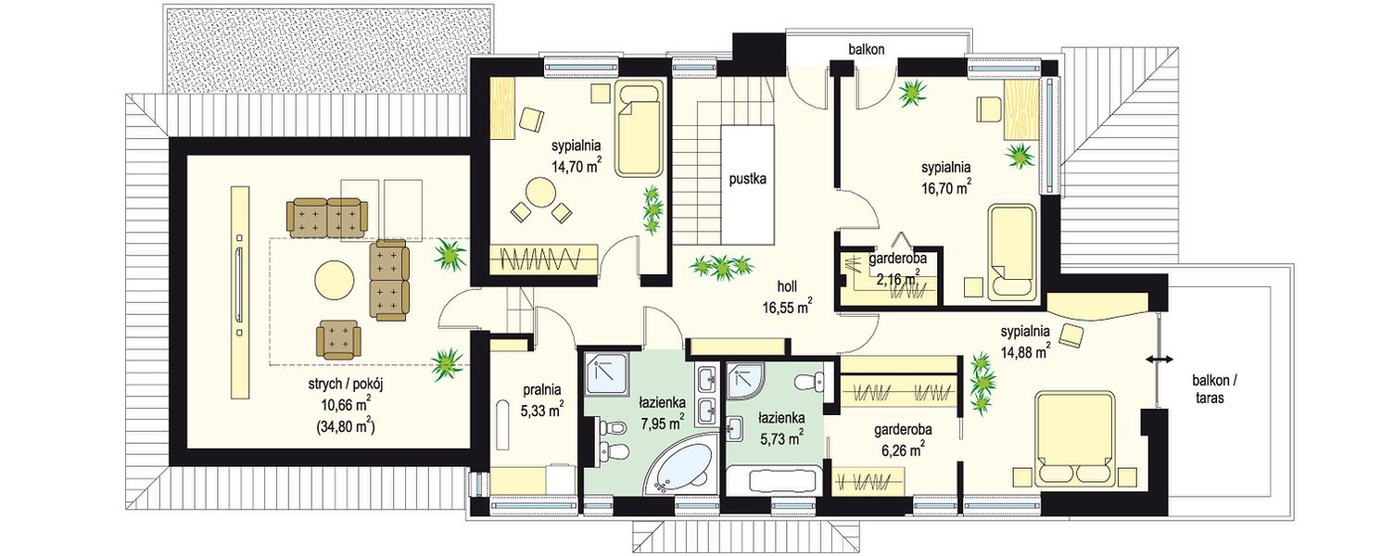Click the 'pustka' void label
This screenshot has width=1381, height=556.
pyautogui.click(x=747, y=180)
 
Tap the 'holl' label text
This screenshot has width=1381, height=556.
pyautogui.click(x=787, y=286)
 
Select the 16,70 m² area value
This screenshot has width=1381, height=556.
pyautogui.click(x=947, y=188)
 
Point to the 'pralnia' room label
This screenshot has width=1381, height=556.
pyautogui.click(x=542, y=390)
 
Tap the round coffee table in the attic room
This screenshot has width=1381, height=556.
pyautogui.click(x=335, y=281)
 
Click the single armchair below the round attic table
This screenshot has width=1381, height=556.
pyautogui.click(x=338, y=339)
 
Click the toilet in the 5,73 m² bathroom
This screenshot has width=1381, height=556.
pyautogui.click(x=810, y=382)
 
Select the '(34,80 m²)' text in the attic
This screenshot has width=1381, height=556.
pyautogui.click(x=346, y=426)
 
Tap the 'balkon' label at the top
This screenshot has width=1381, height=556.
pyautogui.click(x=867, y=49)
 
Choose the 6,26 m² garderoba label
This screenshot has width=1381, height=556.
pyautogui.click(x=903, y=440)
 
